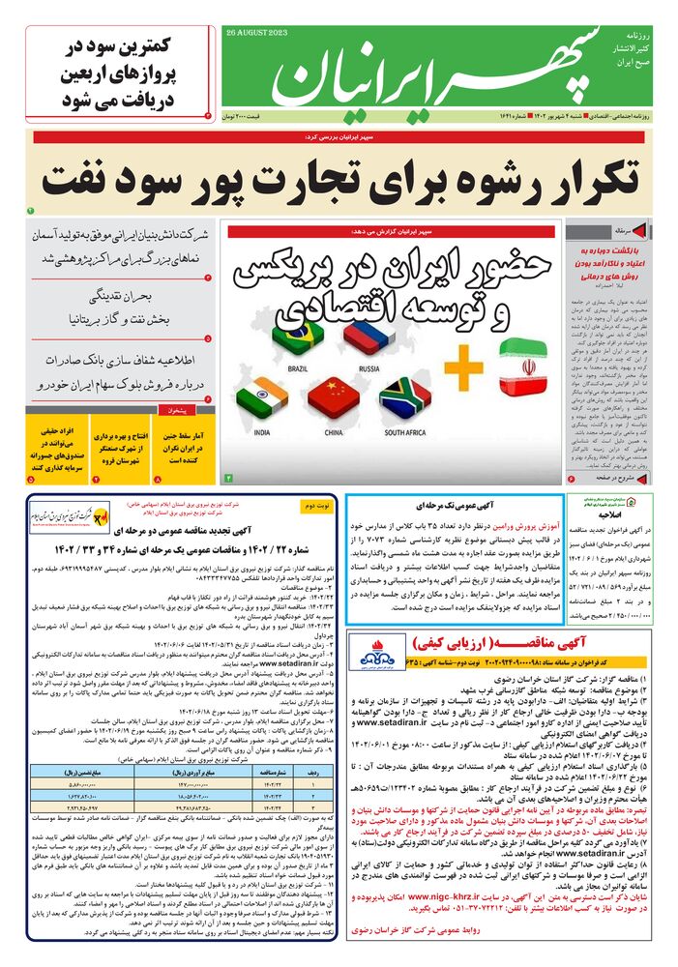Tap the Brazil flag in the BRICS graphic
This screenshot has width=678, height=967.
298,336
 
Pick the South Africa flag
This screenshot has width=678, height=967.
405,397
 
